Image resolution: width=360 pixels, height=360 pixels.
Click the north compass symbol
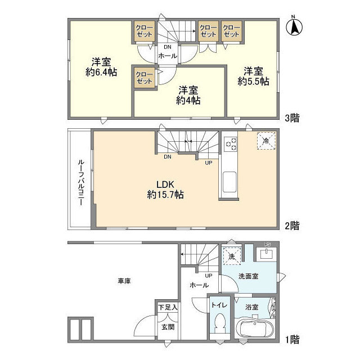(x=294, y=26)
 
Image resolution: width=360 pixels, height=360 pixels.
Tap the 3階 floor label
(x=291, y=118)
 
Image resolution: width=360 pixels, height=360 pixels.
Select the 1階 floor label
(x=291, y=339)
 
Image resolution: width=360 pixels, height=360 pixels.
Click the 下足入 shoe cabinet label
(x=168, y=307)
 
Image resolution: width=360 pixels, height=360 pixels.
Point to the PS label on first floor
(x=268, y=245)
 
